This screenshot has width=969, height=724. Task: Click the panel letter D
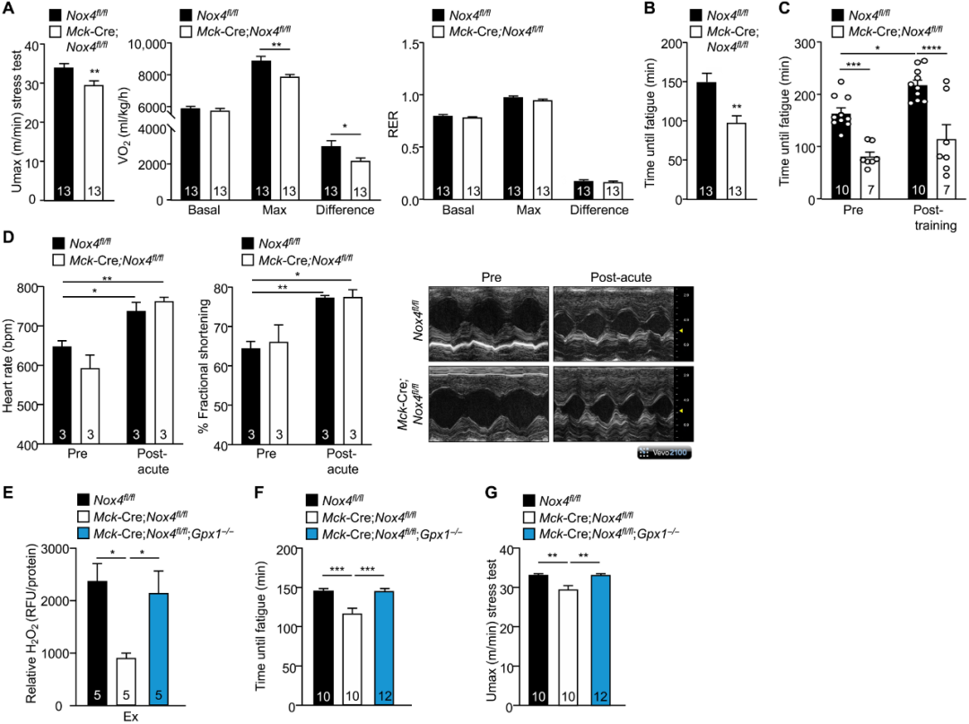point(10,241)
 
